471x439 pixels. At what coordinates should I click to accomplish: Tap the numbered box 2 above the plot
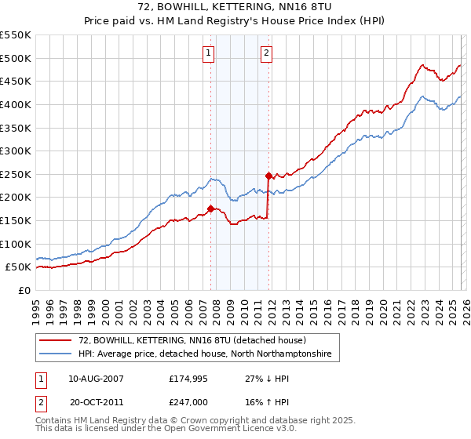[267, 53]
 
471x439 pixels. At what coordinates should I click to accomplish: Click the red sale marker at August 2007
[210, 209]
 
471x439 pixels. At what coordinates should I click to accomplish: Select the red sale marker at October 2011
[268, 176]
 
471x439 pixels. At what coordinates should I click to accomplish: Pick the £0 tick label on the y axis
[25, 290]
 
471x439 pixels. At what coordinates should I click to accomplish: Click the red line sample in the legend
[56, 340]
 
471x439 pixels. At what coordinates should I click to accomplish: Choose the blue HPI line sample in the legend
[56, 354]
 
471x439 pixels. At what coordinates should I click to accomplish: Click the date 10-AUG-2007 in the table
[96, 379]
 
